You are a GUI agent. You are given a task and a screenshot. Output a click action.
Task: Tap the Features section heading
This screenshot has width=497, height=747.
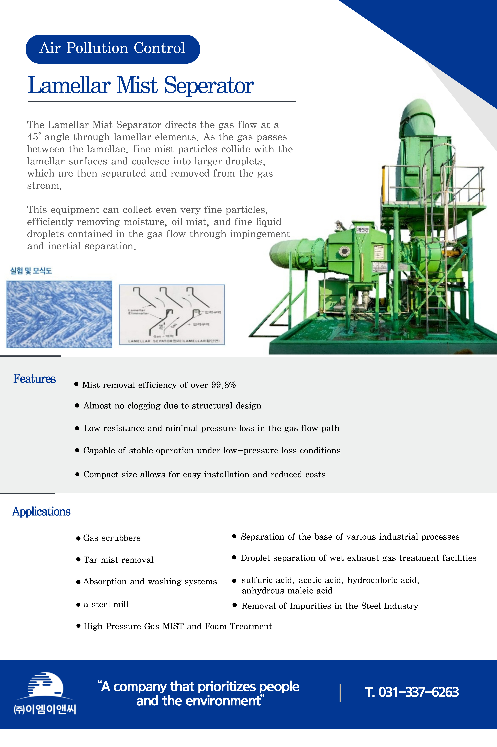(x=34, y=379)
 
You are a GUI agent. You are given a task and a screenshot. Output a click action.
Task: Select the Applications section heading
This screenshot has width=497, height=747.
(x=41, y=511)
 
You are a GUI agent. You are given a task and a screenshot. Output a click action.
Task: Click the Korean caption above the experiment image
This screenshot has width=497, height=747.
(x=31, y=271)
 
